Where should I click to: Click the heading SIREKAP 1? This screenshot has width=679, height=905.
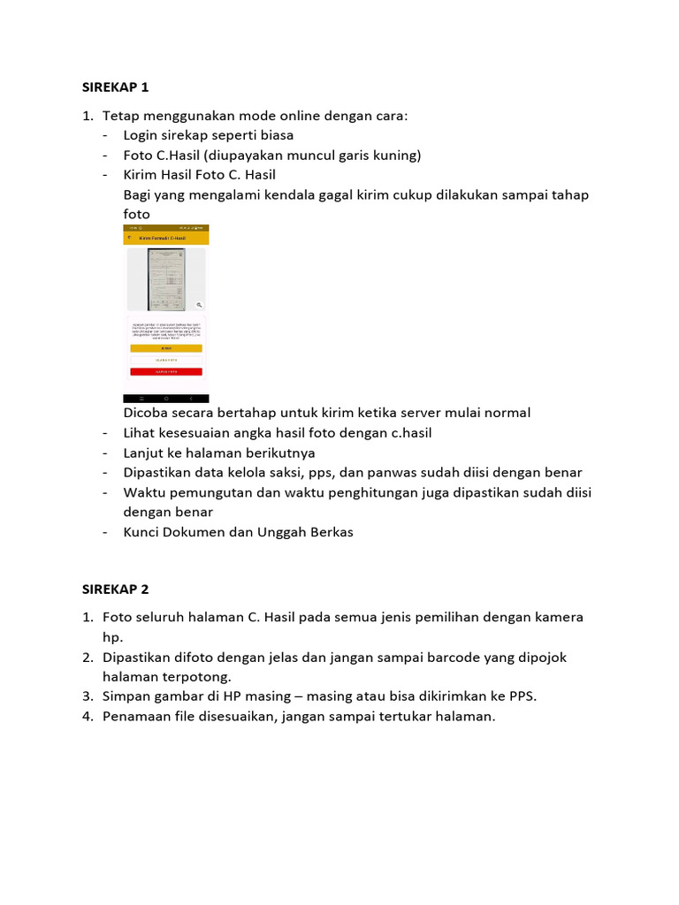pos(116,87)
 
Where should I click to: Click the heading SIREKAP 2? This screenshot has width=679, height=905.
pos(116,589)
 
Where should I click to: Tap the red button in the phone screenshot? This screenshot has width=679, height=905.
pos(166,372)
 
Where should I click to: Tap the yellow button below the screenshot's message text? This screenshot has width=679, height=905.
pos(166,348)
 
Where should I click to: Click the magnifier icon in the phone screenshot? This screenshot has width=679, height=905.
pos(200,303)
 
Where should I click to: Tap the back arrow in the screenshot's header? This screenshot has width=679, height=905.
pos(130,237)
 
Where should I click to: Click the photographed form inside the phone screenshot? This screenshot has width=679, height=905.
pos(166,279)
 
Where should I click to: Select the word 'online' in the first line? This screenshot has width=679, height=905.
pos(299,116)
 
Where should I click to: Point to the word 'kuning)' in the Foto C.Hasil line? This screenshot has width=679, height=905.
pos(398,156)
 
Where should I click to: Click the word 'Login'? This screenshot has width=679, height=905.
pos(141,135)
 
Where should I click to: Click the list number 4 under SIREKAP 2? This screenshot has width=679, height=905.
pos(88,717)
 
